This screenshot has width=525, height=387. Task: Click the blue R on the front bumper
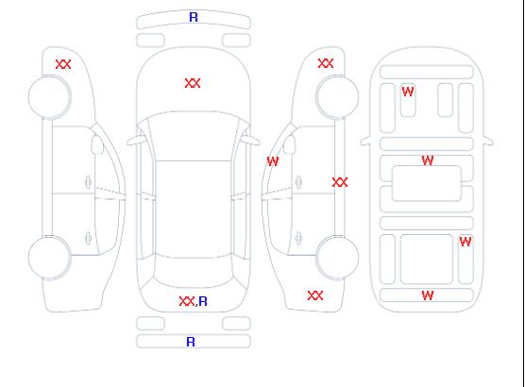tap(194, 17)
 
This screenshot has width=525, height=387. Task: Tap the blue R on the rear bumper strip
tap(191, 342)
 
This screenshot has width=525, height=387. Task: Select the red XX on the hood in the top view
tap(193, 83)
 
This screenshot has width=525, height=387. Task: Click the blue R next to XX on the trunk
tap(203, 301)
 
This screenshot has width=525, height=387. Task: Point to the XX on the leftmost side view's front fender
tap(63, 64)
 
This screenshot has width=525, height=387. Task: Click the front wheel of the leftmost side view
tap(49, 97)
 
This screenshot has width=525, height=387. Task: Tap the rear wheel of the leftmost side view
tap(49, 258)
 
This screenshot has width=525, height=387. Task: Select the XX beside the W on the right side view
tap(340, 182)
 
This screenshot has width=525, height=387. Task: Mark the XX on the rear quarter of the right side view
tap(315, 295)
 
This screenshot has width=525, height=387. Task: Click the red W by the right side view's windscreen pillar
tap(273, 161)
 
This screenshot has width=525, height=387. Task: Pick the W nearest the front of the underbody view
tap(408, 92)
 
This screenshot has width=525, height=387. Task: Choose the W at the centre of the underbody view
tap(428, 160)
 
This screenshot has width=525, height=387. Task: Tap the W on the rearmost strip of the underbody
tap(428, 295)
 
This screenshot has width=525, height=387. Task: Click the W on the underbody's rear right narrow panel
tap(466, 242)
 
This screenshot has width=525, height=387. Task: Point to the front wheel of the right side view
tap(337, 97)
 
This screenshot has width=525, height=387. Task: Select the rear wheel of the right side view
tap(337, 257)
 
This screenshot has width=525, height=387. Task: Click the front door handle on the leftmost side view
tap(88, 182)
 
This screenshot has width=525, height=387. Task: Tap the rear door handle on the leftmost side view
tap(88, 238)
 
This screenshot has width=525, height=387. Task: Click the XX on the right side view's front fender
tap(326, 63)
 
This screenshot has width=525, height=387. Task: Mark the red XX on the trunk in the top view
tap(187, 301)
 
